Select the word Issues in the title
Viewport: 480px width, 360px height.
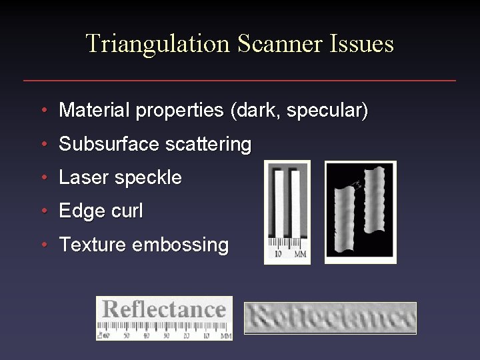pyautogui.click(x=361, y=44)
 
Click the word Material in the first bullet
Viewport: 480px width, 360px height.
pyautogui.click(x=94, y=110)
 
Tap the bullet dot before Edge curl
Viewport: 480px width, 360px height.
pyautogui.click(x=43, y=211)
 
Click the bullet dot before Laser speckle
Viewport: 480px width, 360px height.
pyautogui.click(x=43, y=177)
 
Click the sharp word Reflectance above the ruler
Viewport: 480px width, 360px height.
pyautogui.click(x=164, y=310)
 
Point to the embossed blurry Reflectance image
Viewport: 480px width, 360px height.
pyautogui.click(x=330, y=318)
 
